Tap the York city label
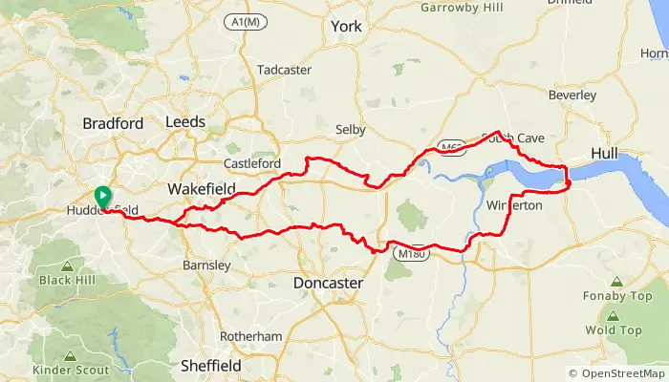point(345,27)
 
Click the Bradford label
point(113,123)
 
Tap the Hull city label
point(605,153)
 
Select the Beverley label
point(572,95)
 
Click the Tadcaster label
point(284,70)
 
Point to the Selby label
point(351,129)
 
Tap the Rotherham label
point(250,336)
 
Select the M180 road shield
point(412,254)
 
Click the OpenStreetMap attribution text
point(615,373)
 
